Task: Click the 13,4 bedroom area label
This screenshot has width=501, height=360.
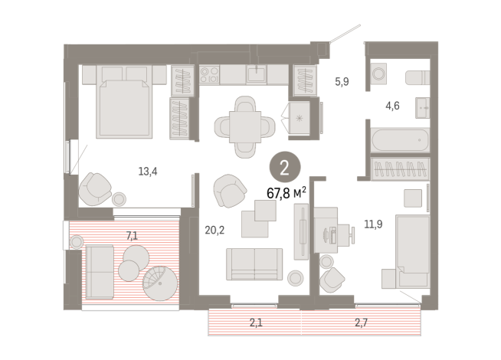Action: (148, 172)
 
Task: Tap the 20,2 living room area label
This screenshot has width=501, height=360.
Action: (214, 230)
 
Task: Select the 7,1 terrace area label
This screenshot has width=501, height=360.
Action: (132, 236)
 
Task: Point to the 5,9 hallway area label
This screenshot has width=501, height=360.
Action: (342, 82)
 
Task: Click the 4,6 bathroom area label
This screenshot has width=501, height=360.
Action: (392, 106)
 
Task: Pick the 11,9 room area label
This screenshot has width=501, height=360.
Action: (373, 224)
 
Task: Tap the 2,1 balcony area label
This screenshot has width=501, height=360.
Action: (256, 322)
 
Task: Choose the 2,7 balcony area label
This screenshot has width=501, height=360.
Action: (361, 322)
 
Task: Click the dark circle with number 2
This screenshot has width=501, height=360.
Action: (285, 168)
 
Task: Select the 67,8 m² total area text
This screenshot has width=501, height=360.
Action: (287, 193)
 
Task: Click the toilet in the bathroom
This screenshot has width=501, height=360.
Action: (417, 77)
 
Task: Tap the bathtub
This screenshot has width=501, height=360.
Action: (400, 140)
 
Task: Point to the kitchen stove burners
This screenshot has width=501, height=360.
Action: (209, 75)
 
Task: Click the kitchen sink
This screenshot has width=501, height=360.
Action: (257, 74)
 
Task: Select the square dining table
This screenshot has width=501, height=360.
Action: (245, 127)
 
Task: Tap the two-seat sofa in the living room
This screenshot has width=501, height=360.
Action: (254, 264)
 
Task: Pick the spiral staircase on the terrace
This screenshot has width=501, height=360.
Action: (160, 283)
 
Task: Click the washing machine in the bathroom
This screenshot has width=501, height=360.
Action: (378, 74)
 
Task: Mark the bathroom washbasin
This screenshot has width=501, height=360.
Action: (422, 108)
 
